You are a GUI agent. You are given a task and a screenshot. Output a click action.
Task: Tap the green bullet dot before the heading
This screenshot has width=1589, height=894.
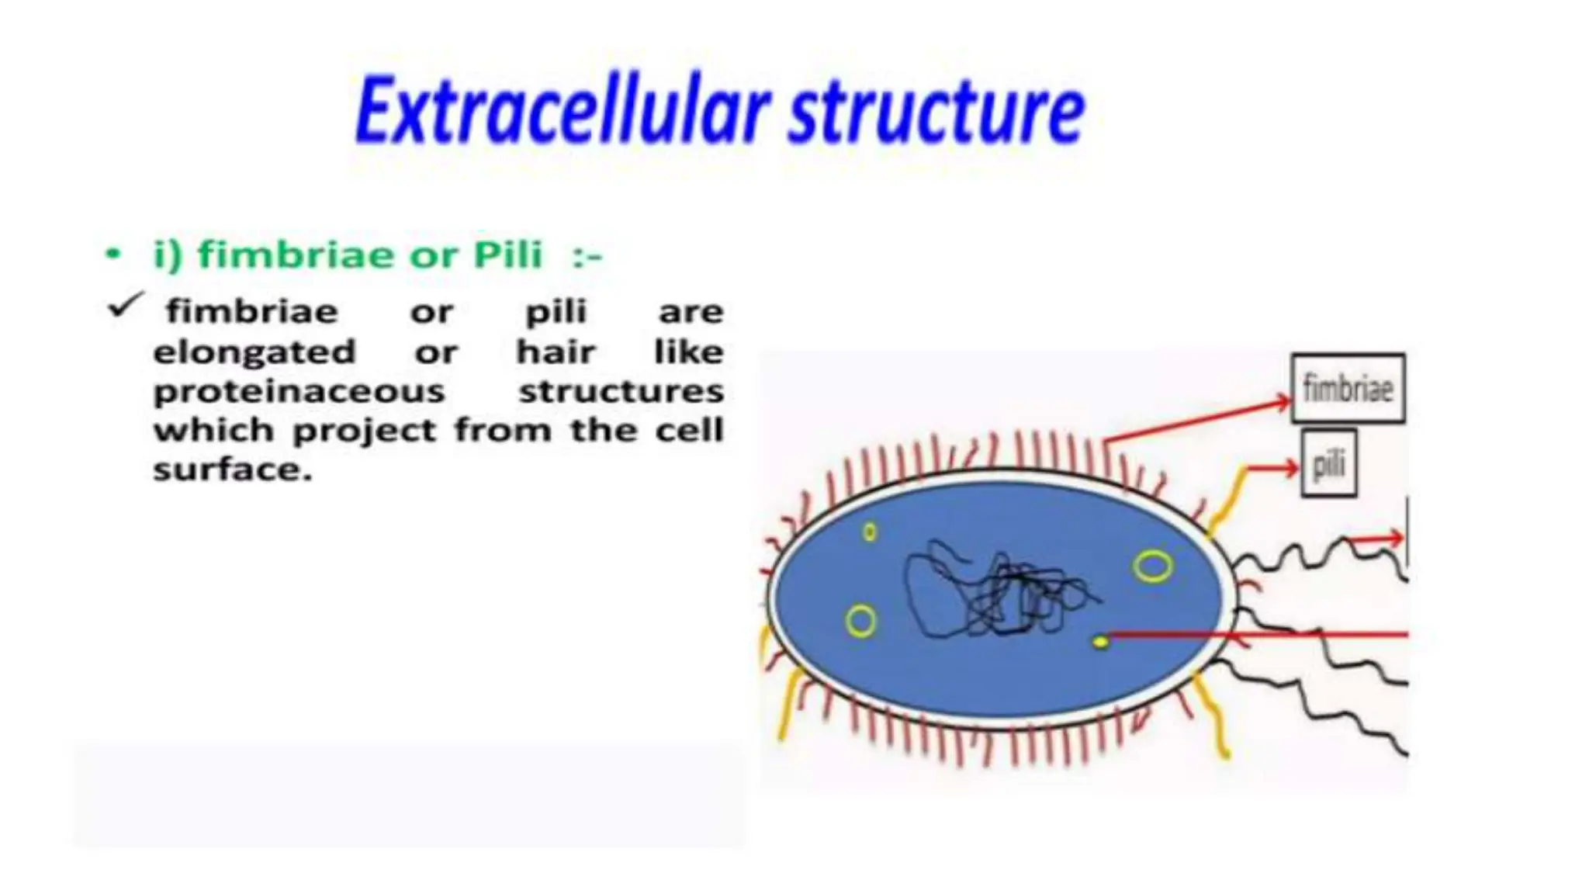(113, 254)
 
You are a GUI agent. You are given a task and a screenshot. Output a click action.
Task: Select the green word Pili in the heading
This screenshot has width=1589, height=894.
(508, 255)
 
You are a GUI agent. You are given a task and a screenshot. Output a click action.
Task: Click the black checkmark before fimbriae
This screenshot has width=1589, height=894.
(125, 306)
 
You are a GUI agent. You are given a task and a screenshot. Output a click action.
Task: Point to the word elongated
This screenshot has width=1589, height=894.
(254, 352)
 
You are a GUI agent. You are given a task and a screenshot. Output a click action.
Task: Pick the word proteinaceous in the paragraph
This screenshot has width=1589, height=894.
(299, 391)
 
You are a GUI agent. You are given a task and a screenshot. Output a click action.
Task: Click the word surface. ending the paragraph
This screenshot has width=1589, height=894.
(232, 470)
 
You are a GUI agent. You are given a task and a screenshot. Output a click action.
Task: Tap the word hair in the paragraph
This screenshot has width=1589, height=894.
(556, 352)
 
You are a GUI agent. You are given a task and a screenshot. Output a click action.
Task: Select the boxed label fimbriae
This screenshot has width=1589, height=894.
(1348, 388)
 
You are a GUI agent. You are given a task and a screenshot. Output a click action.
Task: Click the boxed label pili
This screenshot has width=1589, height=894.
(1328, 465)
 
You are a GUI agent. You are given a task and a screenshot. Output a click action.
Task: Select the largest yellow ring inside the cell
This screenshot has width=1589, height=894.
(1152, 567)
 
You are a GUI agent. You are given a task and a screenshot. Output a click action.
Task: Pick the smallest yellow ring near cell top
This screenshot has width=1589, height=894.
(870, 532)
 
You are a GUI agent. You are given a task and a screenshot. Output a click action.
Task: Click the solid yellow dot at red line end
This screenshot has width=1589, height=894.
(1099, 642)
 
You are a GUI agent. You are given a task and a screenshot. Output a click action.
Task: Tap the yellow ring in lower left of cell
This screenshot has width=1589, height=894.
(860, 622)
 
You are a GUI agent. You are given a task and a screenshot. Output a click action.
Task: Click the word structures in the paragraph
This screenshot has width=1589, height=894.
(621, 391)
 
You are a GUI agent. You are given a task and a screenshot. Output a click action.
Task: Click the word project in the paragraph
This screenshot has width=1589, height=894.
(364, 431)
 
